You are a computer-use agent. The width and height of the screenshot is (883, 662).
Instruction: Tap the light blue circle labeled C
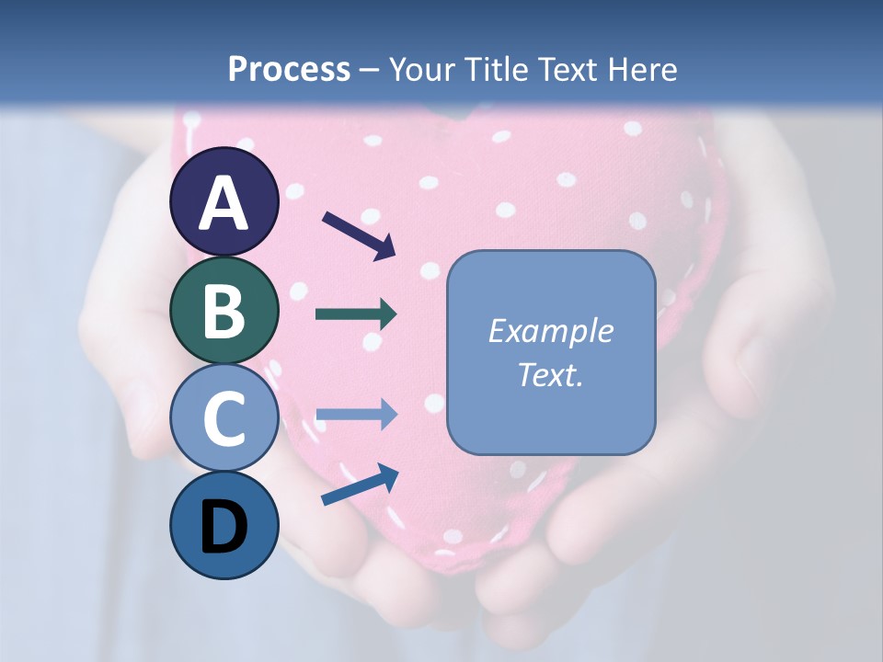(x=224, y=418)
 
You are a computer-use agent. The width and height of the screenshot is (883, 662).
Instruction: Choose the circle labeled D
(x=224, y=526)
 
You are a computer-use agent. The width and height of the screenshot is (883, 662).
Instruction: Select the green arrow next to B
(x=357, y=314)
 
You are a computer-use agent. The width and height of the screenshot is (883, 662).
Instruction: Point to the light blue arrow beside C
(x=357, y=416)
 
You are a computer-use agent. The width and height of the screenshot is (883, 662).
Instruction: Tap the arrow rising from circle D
(x=360, y=485)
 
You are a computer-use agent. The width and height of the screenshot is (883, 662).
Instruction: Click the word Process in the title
(x=289, y=69)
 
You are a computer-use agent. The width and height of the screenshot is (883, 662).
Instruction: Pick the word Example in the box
(x=550, y=331)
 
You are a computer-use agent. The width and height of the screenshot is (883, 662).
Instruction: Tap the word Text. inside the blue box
(x=550, y=374)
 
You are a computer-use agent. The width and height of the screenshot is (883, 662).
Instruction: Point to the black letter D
(x=224, y=528)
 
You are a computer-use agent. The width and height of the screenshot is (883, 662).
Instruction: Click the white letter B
(x=224, y=312)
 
